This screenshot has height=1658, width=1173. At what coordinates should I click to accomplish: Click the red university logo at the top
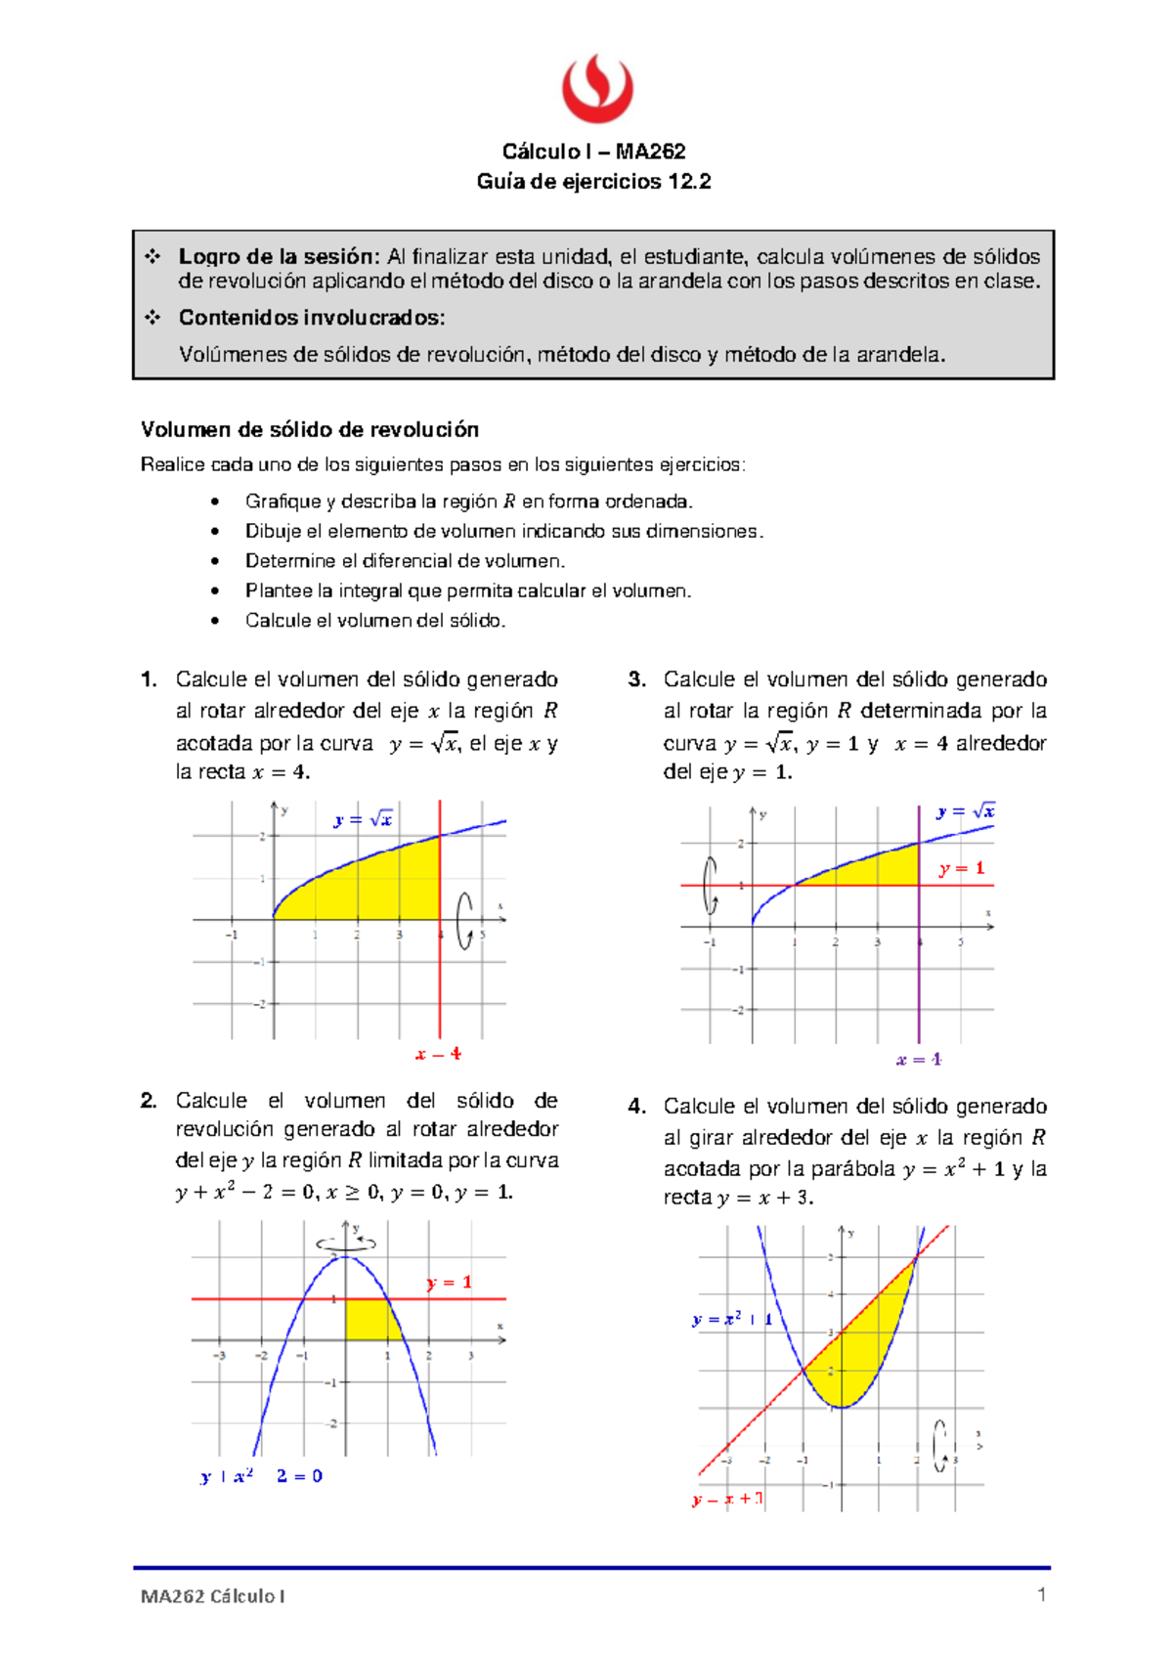tap(597, 88)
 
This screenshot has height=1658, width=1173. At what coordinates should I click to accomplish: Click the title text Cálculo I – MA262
tap(593, 152)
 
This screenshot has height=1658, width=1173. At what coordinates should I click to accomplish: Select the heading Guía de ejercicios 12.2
tap(593, 182)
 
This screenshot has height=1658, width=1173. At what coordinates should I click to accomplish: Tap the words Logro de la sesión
tap(278, 257)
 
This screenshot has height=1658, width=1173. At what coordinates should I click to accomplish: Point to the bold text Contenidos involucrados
tap(311, 318)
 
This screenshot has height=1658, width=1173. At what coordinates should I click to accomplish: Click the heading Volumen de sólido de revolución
tap(310, 430)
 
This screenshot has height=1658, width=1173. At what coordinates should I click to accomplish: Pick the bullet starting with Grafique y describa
tap(468, 502)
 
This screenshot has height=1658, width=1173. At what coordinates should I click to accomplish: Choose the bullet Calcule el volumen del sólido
tap(374, 621)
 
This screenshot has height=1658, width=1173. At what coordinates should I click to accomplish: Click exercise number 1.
tap(149, 679)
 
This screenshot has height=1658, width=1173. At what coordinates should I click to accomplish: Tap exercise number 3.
tap(637, 679)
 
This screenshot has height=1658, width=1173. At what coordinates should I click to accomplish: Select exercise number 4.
tap(637, 1107)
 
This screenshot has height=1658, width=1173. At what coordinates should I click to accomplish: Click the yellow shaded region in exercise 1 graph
tap(381, 885)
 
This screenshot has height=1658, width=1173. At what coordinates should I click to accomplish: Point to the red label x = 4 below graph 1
tap(438, 1055)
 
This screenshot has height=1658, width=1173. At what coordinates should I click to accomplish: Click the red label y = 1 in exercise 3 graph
tap(962, 868)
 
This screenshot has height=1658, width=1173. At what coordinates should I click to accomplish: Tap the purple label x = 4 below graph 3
tap(919, 1060)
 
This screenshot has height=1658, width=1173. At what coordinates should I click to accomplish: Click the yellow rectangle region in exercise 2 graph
tap(369, 1319)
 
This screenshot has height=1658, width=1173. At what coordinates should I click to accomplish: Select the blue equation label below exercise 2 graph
tap(261, 1476)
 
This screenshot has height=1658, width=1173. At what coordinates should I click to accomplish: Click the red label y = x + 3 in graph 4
tap(727, 1499)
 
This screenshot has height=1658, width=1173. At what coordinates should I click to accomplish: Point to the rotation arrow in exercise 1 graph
tap(466, 920)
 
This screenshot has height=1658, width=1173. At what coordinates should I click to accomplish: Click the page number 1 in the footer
tap(1041, 1594)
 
